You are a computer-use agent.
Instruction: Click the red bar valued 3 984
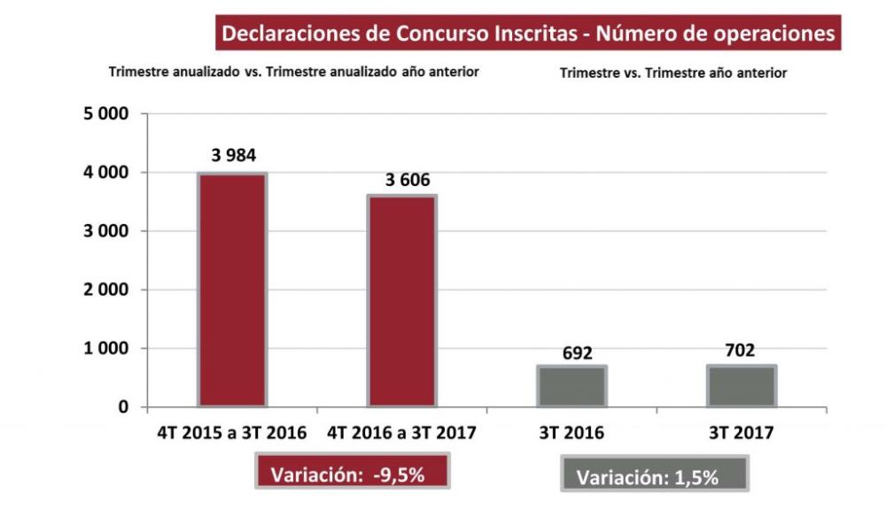(232, 290)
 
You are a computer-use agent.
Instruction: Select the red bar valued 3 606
(403, 301)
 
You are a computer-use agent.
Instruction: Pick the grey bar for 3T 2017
(741, 386)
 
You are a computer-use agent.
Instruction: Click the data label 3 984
(234, 157)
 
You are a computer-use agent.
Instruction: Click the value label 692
(577, 353)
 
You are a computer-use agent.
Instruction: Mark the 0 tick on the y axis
(123, 407)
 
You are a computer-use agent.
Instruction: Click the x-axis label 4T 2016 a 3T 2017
(403, 434)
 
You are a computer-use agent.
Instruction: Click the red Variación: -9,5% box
(353, 473)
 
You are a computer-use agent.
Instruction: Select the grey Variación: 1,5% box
(655, 475)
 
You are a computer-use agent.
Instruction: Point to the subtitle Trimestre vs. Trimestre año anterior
(672, 73)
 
